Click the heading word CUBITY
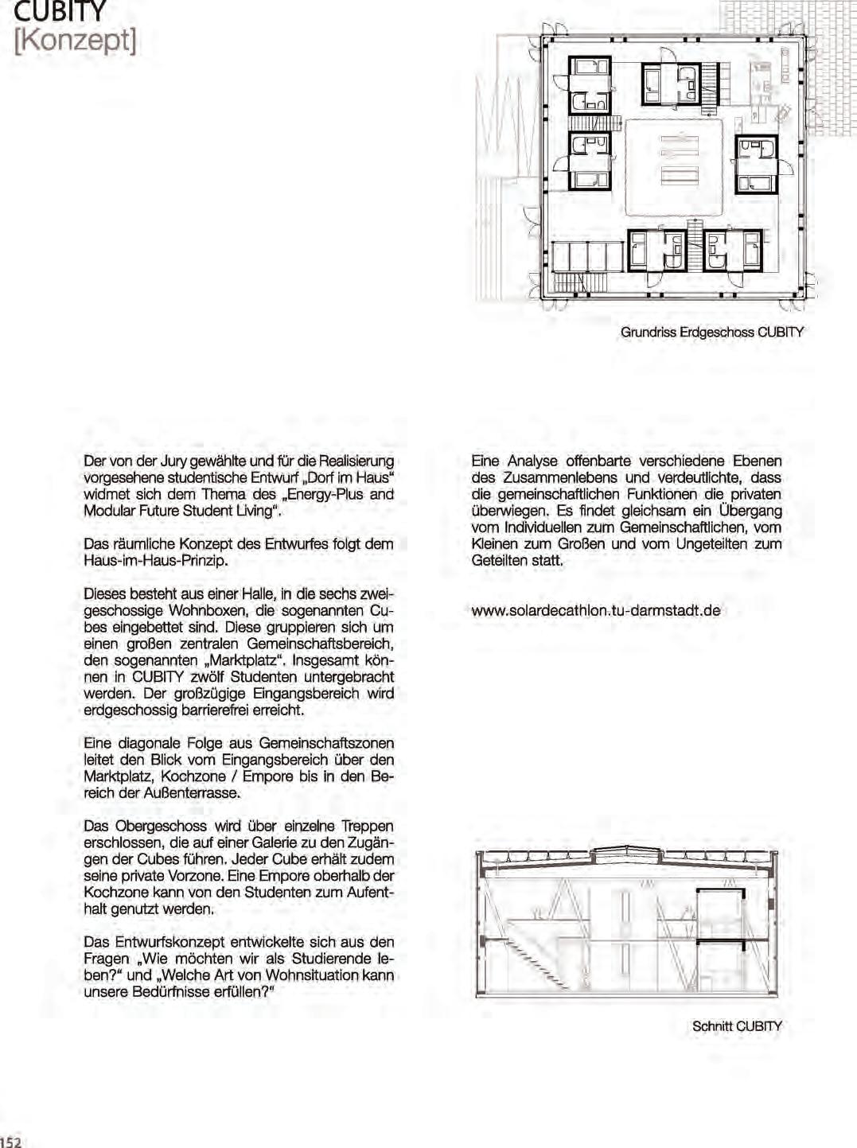(60, 11)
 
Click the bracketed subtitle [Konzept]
(75, 40)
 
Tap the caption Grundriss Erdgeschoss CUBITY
(711, 332)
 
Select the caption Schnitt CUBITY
(737, 1026)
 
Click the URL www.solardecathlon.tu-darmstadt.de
(596, 611)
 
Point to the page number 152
(11, 1142)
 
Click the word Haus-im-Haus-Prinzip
(156, 560)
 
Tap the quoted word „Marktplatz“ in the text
(244, 660)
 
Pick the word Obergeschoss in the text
(162, 826)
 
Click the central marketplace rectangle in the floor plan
(674, 166)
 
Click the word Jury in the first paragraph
(173, 461)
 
